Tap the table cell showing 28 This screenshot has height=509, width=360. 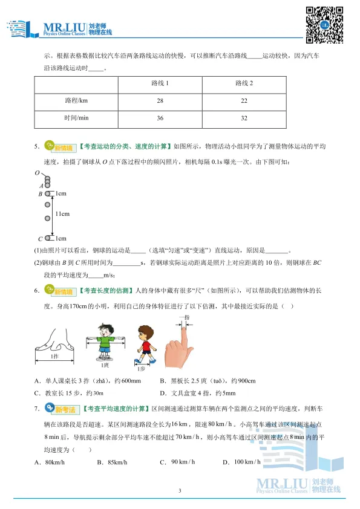[x=160, y=100]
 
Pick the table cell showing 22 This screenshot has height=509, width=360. [x=244, y=100]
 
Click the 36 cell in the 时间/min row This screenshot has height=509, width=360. [x=160, y=118]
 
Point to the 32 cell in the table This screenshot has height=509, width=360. [x=244, y=118]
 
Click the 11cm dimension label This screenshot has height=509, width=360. [x=62, y=214]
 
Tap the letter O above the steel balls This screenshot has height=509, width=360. [x=37, y=173]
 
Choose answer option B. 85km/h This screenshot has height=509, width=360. [x=113, y=462]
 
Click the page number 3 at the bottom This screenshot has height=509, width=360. [x=180, y=490]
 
